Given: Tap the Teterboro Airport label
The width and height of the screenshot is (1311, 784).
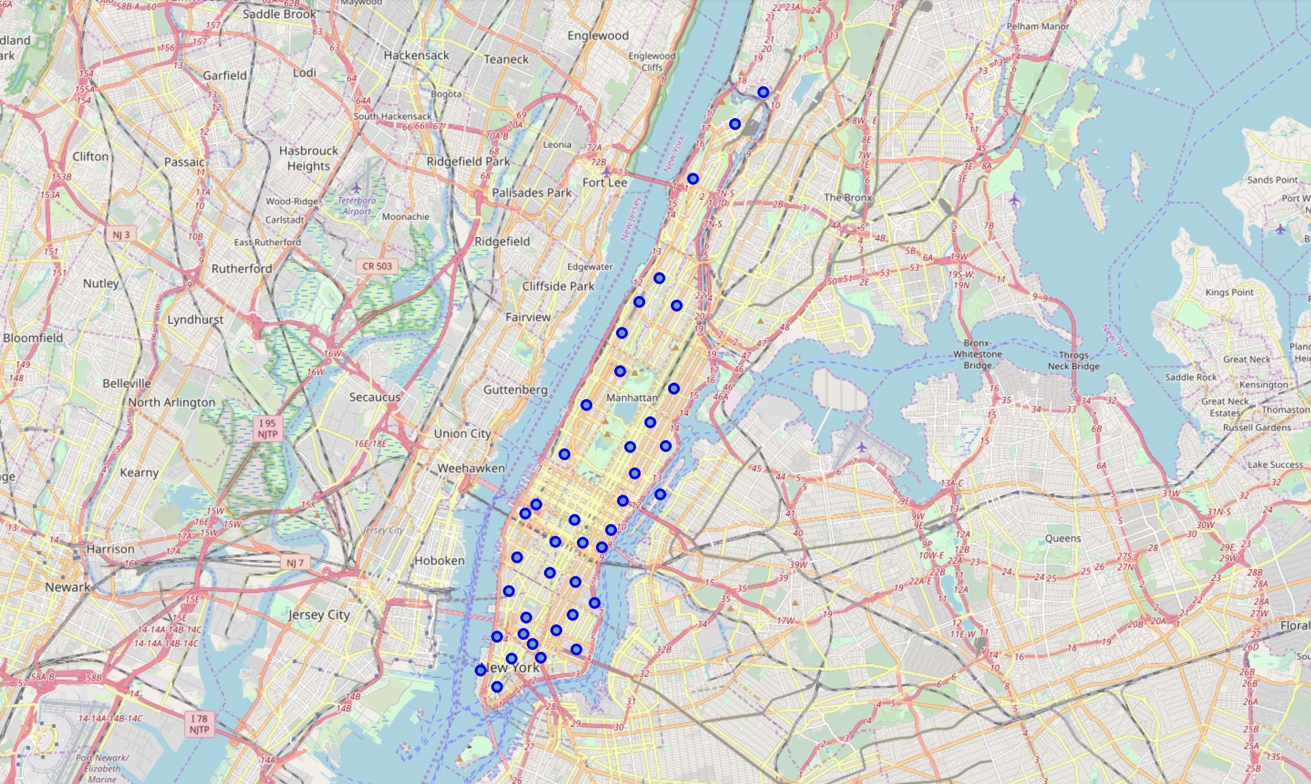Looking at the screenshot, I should pos(357,206).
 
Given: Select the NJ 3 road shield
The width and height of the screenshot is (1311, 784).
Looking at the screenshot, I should pos(121,234).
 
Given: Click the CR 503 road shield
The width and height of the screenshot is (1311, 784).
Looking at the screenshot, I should pos(377,266).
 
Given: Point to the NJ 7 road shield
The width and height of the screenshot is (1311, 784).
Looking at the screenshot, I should pos(295,563).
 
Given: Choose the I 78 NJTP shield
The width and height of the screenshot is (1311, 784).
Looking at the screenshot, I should pos(199,724).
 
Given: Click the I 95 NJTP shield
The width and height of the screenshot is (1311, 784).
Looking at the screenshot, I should pos(267,428).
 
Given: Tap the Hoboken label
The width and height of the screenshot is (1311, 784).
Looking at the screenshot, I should pos(440,561).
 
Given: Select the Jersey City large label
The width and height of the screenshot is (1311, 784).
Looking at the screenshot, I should pos(319,615).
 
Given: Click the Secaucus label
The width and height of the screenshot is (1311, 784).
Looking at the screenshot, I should pos(374,397).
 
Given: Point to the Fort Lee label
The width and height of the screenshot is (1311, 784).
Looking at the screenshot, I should pos(605,183).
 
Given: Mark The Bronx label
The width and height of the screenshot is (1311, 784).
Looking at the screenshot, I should pos(848,197).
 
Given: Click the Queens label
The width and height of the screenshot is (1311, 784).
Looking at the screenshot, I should pos(1063,538).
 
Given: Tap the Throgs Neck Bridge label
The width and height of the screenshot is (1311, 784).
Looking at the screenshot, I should pos(1073,360).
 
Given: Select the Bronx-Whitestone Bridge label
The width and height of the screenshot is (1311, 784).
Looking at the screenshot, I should pos(977,354).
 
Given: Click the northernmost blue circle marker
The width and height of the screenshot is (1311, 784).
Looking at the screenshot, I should pos(763,93).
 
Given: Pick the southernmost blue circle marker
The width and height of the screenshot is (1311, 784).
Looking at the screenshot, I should pos(497,687).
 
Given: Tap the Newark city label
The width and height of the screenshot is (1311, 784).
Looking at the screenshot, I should pos(67,587).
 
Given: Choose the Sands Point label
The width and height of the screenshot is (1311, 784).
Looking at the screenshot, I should pos(1272,180).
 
